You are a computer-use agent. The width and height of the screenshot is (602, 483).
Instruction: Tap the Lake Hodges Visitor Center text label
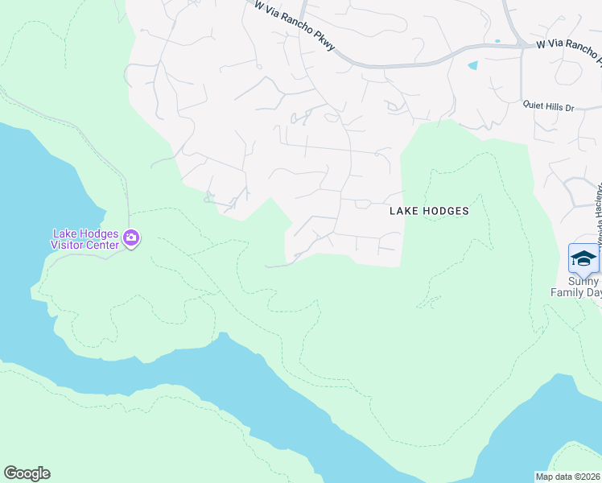point(85,238)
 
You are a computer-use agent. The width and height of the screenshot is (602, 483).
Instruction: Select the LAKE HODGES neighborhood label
point(428,211)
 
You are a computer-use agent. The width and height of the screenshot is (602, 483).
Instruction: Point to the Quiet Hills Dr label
point(549,105)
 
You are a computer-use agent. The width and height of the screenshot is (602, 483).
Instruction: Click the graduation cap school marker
point(583,258)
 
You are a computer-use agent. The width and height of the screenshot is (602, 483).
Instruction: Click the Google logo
point(27,473)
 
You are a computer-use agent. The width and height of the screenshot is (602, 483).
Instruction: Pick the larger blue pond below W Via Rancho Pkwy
point(472,65)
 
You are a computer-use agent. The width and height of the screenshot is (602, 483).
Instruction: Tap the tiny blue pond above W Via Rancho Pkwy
point(497,40)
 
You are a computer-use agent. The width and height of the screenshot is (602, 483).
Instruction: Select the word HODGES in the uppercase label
point(447,211)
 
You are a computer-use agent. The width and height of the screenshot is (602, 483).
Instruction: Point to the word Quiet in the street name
point(534,105)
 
